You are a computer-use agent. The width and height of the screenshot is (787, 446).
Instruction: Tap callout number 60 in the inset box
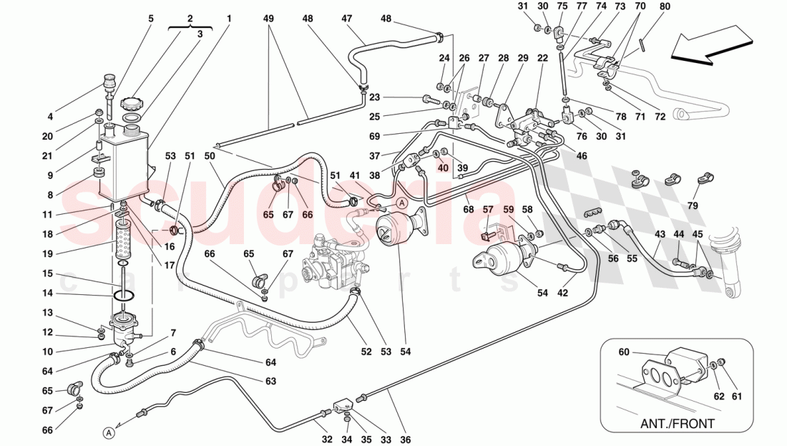pyautogui.click(x=624, y=352)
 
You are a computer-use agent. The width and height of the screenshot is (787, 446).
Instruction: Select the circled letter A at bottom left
pyautogui.click(x=108, y=432)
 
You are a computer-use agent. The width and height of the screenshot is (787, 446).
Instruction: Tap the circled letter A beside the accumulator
pyautogui.click(x=401, y=203)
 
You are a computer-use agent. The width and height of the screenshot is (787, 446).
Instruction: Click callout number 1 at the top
pyautogui.click(x=229, y=18)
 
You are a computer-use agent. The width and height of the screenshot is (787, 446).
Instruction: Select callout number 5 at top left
pyautogui.click(x=151, y=18)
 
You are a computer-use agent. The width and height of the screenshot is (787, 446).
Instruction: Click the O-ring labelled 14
pyautogui.click(x=124, y=293)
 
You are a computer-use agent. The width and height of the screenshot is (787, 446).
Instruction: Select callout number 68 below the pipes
pyautogui.click(x=469, y=210)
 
